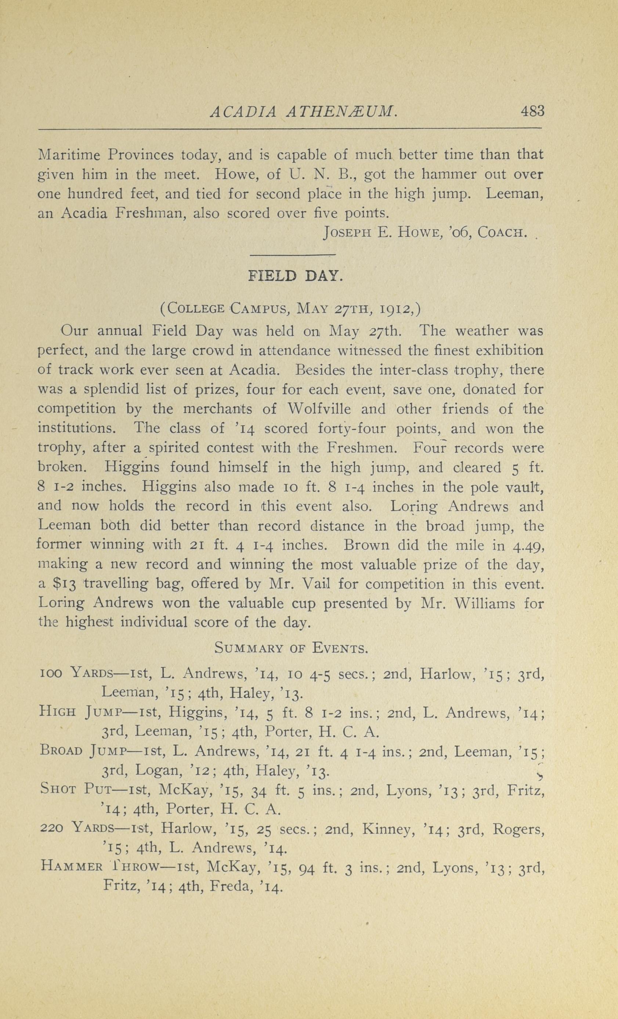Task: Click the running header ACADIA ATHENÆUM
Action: point(304,112)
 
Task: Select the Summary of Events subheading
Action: point(291,648)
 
